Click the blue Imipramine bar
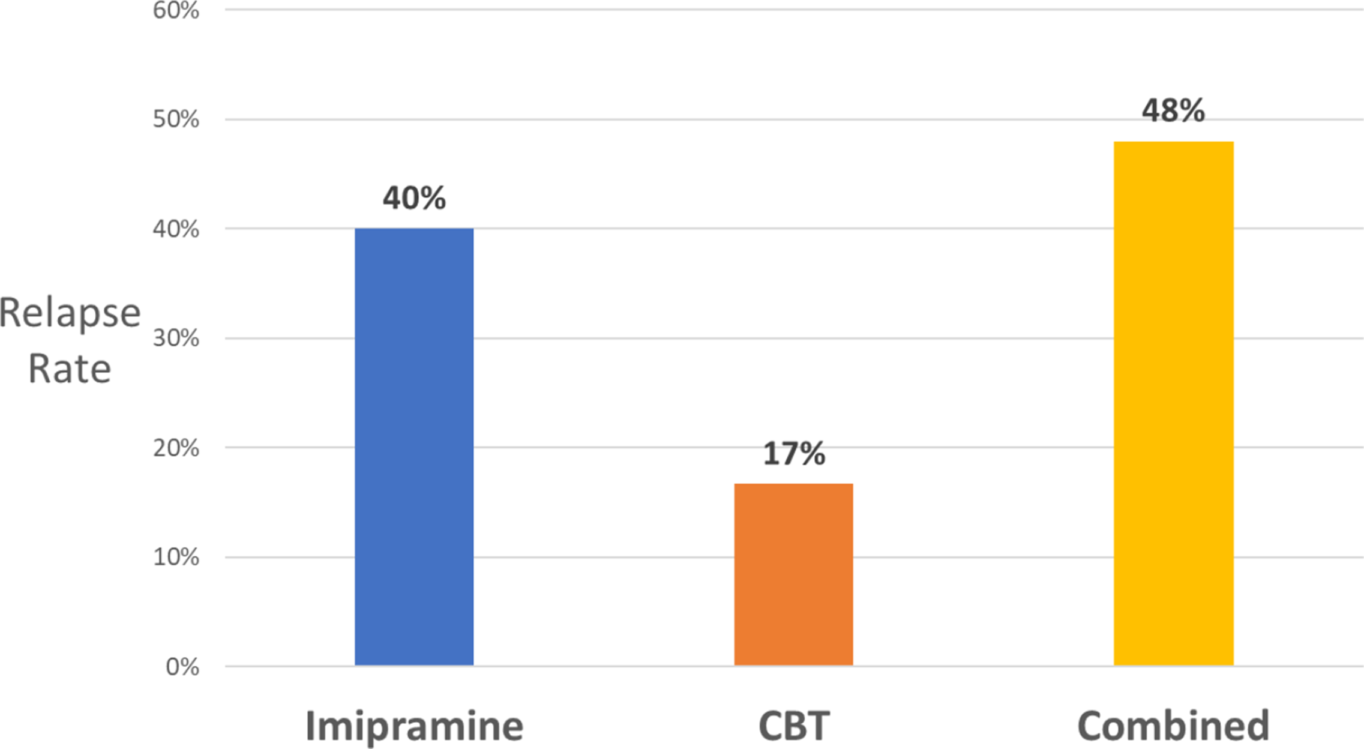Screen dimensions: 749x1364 coord(414,447)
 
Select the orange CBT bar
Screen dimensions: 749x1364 coord(793,574)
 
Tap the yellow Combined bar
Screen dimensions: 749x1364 coord(1173,403)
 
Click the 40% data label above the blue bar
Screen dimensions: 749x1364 coord(414,198)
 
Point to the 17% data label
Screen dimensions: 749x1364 coord(793,454)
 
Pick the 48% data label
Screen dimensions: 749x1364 coord(1173,110)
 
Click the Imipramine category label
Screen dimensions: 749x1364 coord(414,726)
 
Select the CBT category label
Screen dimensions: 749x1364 coord(793,726)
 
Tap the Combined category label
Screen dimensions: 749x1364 coord(1173,726)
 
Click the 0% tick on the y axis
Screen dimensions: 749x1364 coord(182,667)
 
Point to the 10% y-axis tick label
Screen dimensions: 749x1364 coord(176,557)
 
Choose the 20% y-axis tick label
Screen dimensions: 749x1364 coord(176,448)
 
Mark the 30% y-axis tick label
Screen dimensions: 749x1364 coord(176,338)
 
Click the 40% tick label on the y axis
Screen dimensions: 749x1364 coord(176,229)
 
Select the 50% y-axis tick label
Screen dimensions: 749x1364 coord(176,119)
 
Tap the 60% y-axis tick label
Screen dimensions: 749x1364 coord(176,10)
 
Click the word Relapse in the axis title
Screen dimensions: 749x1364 coord(70,313)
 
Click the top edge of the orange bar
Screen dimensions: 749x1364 coord(793,484)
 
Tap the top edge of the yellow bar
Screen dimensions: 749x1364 coord(1173,142)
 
